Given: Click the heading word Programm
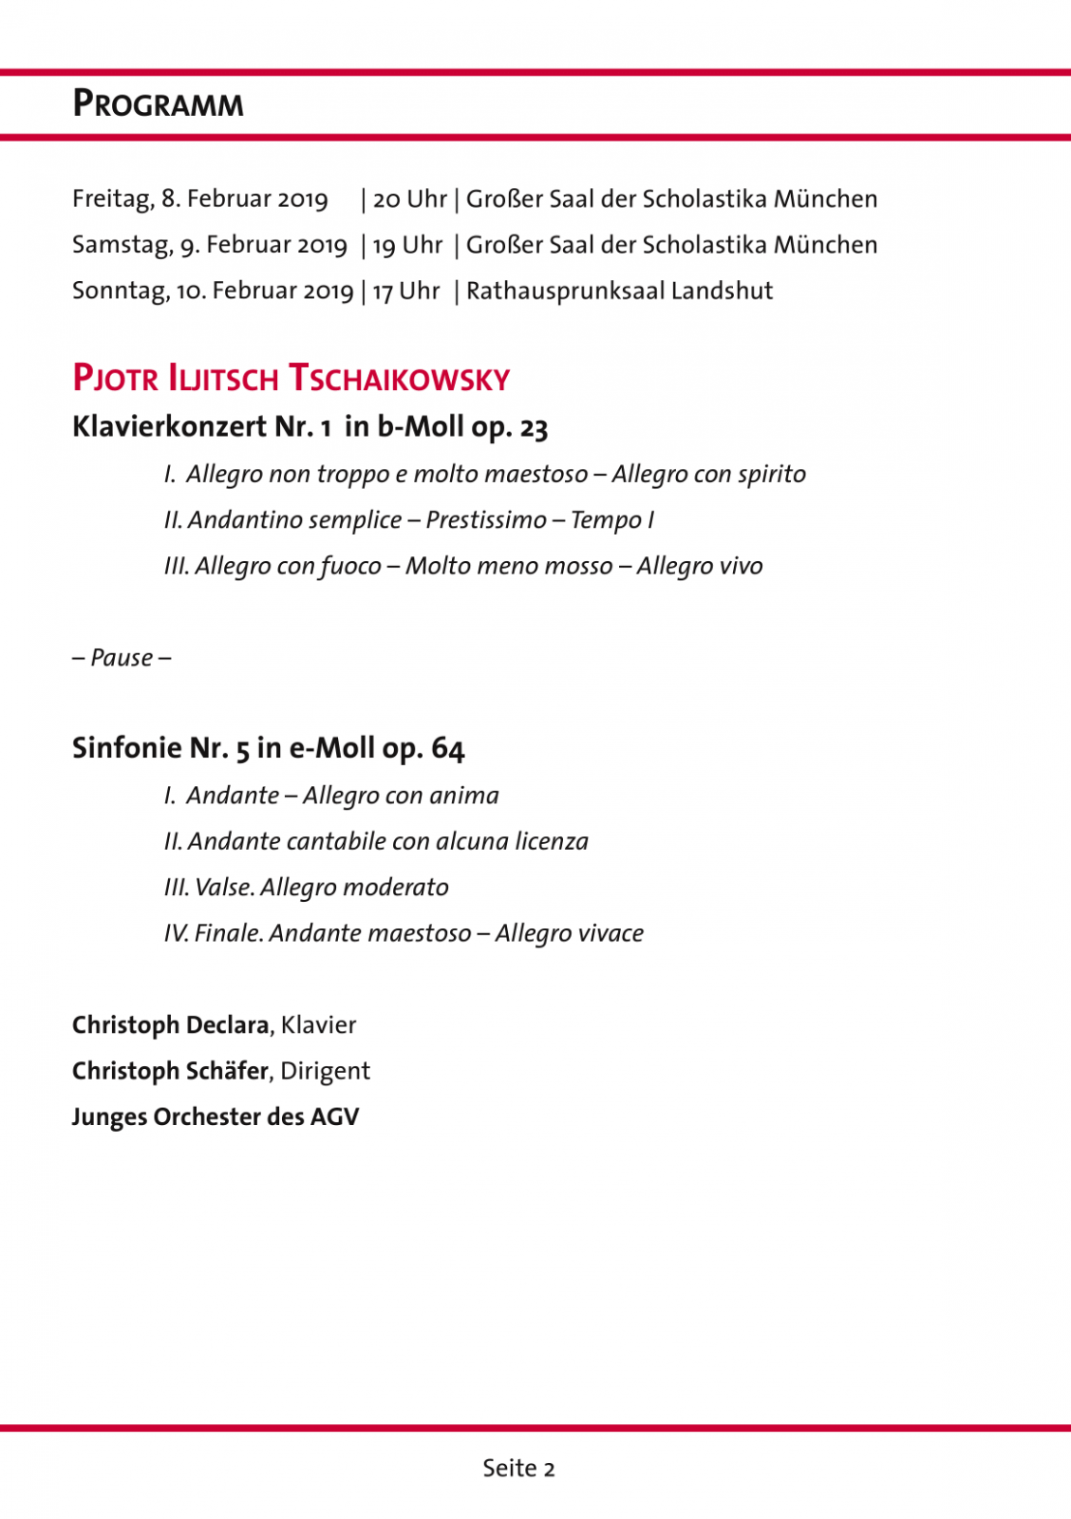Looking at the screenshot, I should tap(159, 103).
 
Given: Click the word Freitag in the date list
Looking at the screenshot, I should tap(112, 199).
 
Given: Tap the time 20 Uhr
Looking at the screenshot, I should tap(409, 199).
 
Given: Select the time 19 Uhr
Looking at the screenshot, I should tap(407, 245).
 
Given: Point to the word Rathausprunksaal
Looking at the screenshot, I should tap(565, 291).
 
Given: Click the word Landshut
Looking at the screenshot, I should tap(722, 291).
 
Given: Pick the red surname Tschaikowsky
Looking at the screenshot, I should tap(399, 379).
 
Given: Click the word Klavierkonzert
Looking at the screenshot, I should tap(169, 427).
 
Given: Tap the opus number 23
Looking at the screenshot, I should tap(534, 428).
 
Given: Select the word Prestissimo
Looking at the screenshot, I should tap(486, 520).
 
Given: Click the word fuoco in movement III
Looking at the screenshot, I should tap(350, 567).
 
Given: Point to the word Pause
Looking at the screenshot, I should tap(122, 658).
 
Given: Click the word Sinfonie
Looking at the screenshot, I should tap(126, 748).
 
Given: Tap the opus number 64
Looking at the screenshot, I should tap(448, 748).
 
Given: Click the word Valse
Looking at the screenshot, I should tap(224, 888).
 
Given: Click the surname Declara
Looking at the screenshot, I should tap(228, 1025).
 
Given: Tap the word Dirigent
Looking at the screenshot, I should tap(325, 1071).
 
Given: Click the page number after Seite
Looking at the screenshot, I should tap(549, 1469).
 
